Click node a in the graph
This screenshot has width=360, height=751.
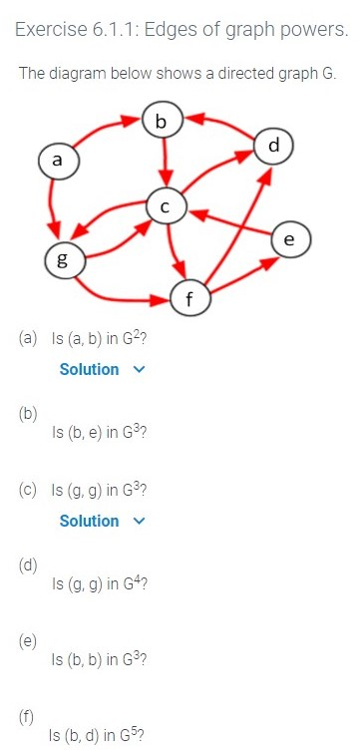57,160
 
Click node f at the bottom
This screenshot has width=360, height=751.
189,297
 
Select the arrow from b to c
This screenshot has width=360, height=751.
168,163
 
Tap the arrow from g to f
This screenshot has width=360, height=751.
125,295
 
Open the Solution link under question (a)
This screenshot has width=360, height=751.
89,369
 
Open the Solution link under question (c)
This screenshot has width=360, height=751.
89,521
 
